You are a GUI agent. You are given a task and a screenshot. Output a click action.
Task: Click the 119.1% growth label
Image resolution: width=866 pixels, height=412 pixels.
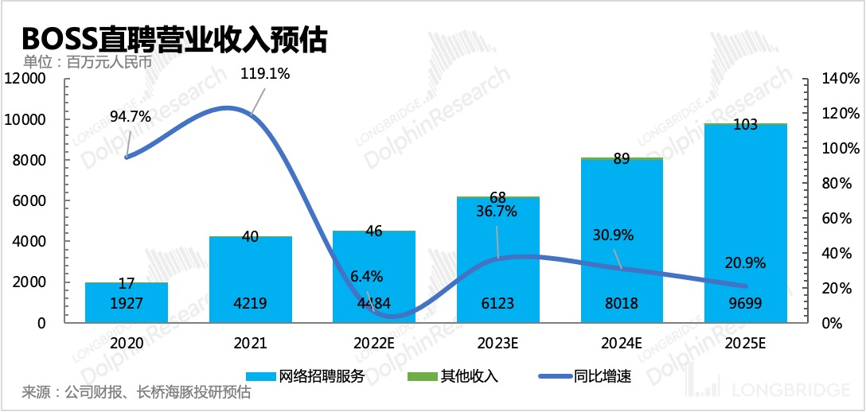(x=265, y=74)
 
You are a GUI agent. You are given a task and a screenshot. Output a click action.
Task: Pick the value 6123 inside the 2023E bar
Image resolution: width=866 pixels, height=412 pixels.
(x=498, y=303)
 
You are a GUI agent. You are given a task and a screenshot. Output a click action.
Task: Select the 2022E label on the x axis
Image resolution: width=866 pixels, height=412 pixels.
(x=374, y=344)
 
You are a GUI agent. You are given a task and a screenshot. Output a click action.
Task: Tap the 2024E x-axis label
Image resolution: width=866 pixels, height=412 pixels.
(x=622, y=344)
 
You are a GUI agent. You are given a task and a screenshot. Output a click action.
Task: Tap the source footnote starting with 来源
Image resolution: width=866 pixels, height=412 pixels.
(x=136, y=393)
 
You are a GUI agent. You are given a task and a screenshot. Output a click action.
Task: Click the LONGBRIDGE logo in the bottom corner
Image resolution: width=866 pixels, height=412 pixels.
(x=780, y=390)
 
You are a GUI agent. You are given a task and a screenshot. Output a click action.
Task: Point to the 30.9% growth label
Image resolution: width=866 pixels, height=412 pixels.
(x=612, y=235)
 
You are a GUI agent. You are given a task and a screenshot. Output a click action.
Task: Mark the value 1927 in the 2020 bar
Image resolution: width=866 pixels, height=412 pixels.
(x=126, y=303)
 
